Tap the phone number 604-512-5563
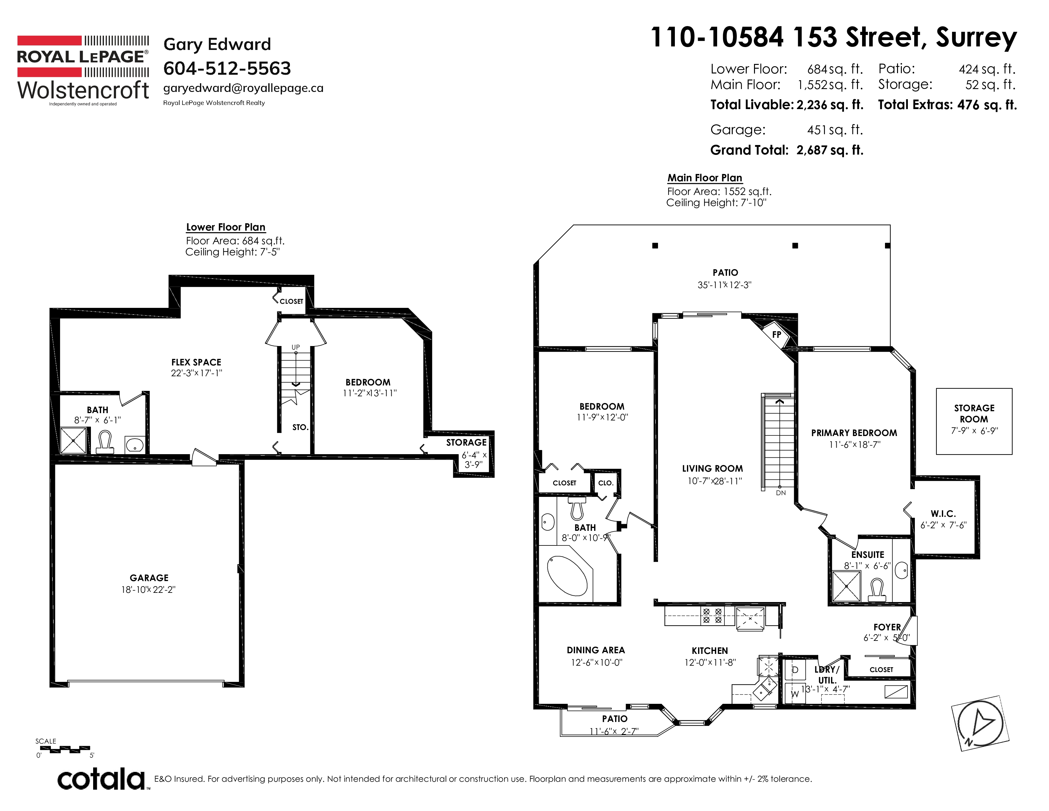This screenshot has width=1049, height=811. pyautogui.click(x=227, y=68)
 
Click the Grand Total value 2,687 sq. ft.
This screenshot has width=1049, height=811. pyautogui.click(x=829, y=150)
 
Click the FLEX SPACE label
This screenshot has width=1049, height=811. pyautogui.click(x=196, y=362)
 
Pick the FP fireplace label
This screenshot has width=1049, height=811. pyautogui.click(x=777, y=334)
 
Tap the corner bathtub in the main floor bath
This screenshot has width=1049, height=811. pyautogui.click(x=567, y=576)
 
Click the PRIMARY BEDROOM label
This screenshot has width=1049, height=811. pyautogui.click(x=854, y=433)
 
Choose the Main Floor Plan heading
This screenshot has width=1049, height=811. pyautogui.click(x=705, y=178)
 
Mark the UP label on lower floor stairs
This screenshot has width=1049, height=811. pyautogui.click(x=295, y=347)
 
